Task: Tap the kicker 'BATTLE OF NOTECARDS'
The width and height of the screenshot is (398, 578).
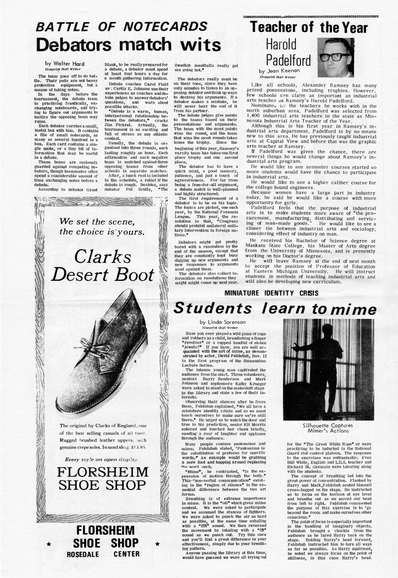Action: click(x=124, y=27)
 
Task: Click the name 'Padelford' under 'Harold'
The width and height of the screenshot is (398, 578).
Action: click(x=288, y=60)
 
